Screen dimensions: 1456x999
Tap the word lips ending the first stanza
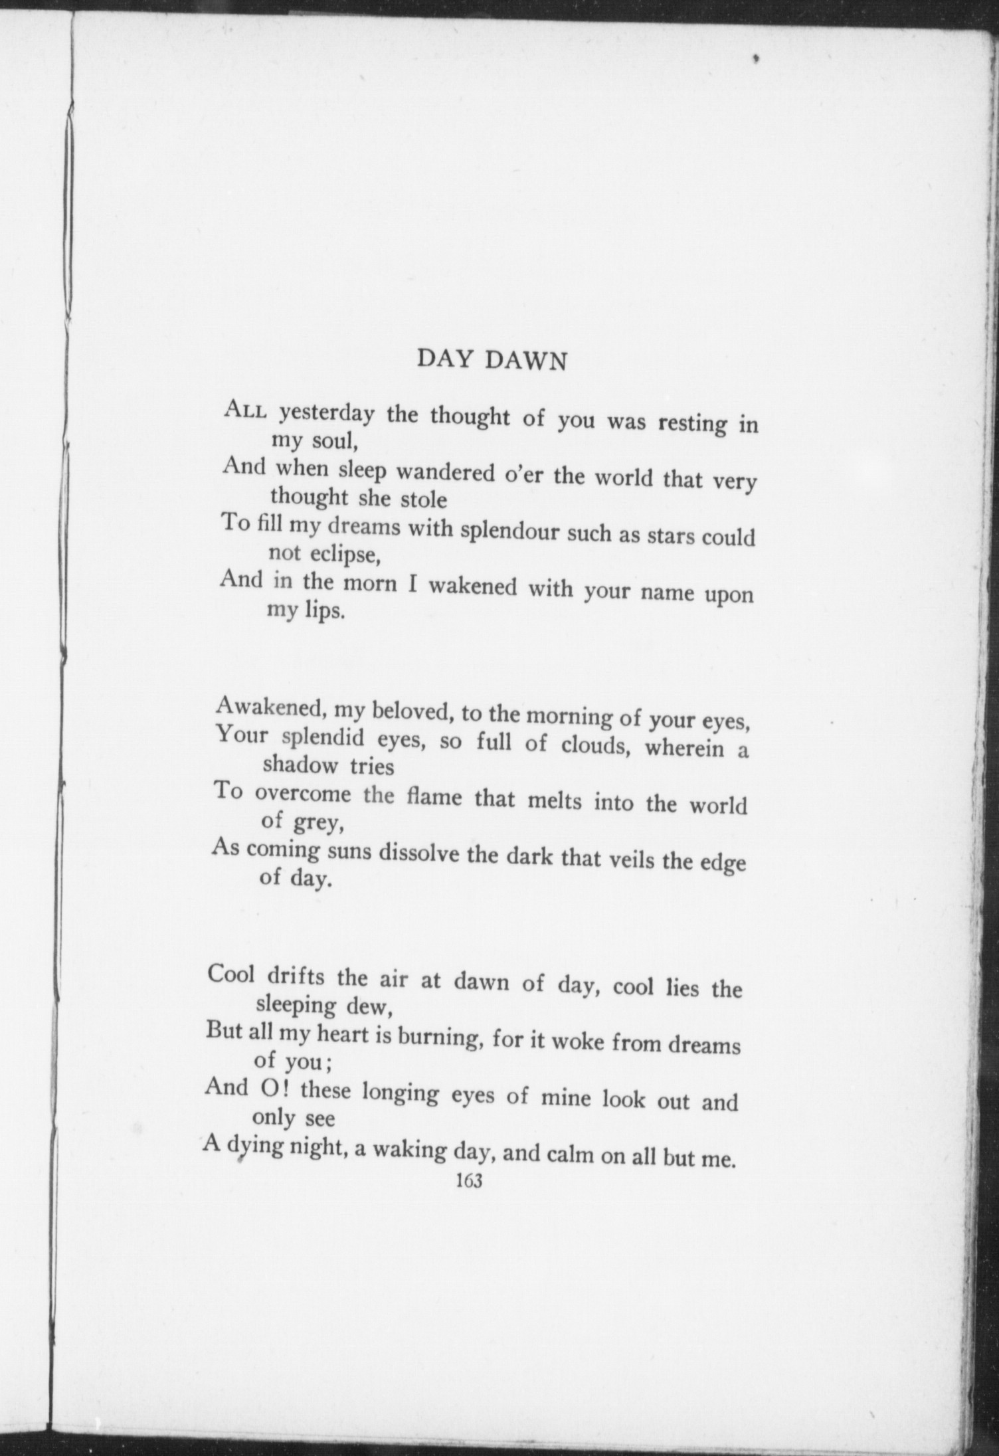325,612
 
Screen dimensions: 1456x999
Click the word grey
318,824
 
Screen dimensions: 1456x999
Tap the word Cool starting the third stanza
232,974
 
